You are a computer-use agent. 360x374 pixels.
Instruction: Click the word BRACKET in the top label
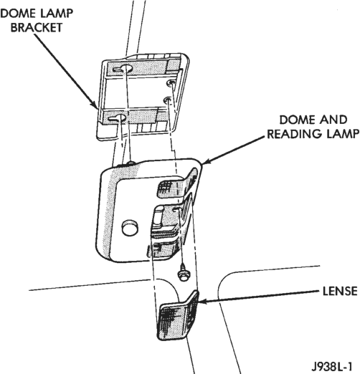coord(37,28)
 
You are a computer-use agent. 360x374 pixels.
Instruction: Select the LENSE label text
coord(340,291)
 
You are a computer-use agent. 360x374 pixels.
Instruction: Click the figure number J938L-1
coord(332,366)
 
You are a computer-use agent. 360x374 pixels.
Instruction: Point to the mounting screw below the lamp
coord(184,273)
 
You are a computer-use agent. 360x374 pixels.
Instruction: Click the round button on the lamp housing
coord(130,227)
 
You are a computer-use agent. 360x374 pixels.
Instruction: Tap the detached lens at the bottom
coord(178,316)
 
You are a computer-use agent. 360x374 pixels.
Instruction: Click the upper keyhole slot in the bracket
coord(123,69)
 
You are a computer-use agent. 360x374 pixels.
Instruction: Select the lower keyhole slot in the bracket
coord(118,118)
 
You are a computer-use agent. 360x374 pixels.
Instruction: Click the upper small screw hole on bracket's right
coord(171,83)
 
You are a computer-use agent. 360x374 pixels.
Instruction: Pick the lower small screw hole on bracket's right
coord(168,100)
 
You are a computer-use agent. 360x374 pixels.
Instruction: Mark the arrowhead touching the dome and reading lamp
coord(207,161)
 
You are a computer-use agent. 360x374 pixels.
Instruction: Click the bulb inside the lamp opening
coord(158,216)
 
